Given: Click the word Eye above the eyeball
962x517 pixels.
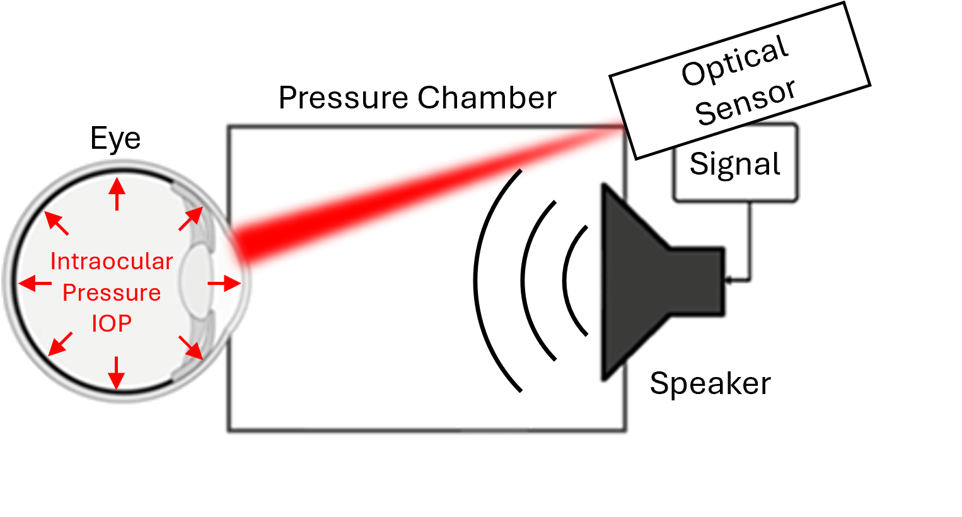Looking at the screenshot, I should coord(115,139).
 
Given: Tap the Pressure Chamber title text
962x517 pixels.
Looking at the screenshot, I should coord(417,98).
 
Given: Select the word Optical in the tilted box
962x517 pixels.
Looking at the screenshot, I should coord(735,60).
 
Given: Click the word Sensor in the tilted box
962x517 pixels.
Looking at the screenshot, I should coord(746,102).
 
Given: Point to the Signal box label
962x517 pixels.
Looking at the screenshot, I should coord(735,164).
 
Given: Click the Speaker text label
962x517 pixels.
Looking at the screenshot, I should coord(710,383).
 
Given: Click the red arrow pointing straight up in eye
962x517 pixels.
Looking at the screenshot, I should coord(117,192).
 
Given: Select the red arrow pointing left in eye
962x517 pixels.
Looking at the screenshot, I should coord(35,283).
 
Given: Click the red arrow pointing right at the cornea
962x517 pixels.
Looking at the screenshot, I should coord(224,284).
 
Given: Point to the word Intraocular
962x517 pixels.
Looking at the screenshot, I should coord(112,261).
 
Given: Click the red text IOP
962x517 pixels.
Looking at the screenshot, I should coord(112,323).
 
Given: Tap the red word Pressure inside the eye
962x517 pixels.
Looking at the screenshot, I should coord(112,293).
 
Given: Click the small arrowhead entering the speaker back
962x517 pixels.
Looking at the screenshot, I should coord(729,280).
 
